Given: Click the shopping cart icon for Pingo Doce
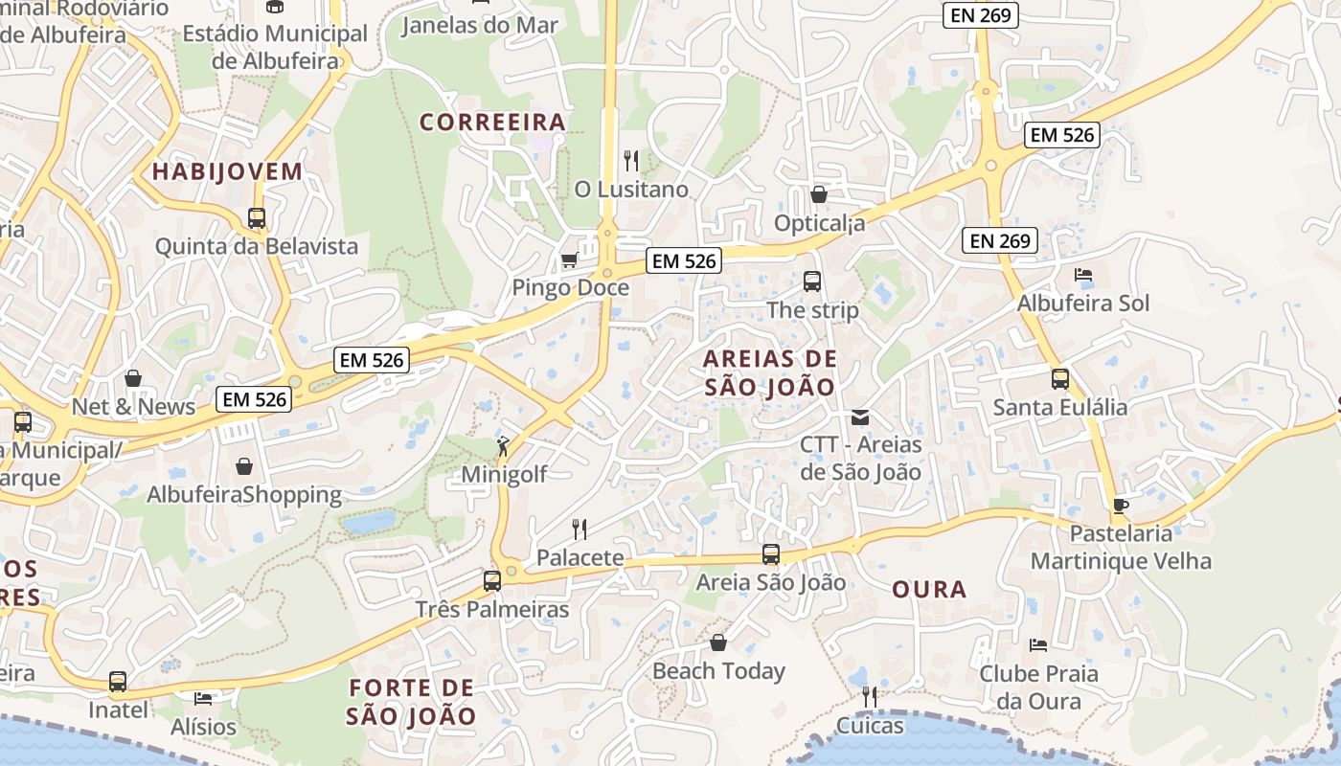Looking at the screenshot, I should coord(569,259).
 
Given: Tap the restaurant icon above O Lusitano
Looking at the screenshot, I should coord(630,160).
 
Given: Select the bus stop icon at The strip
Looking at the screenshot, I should coord(812,282).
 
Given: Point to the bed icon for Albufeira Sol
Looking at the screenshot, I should coord(1083,275).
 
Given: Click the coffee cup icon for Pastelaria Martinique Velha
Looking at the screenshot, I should coord(1121,506).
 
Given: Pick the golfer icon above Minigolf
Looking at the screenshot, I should coord(503,445).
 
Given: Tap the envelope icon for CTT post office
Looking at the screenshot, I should coord(860,417).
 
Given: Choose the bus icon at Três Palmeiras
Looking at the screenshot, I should coord(492,580).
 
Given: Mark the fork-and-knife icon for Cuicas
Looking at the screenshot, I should coord(869,696).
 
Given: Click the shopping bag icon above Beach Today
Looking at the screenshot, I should coord(718,642).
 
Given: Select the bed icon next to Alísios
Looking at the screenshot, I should coord(203,698).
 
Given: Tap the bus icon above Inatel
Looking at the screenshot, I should coord(118,681).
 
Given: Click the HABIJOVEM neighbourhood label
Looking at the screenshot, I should coord(227,172).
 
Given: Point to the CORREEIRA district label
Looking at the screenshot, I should coord(493,123).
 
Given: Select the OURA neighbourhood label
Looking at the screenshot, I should coord(929,590).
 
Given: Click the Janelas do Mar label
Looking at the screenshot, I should coord(479,25).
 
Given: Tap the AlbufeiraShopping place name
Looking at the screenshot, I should coord(244,495).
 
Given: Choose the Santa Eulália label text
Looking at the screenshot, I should coord(1060,407).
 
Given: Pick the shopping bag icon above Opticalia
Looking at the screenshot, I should coord(819,194).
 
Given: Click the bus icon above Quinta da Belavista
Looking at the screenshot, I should coord(257,217).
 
